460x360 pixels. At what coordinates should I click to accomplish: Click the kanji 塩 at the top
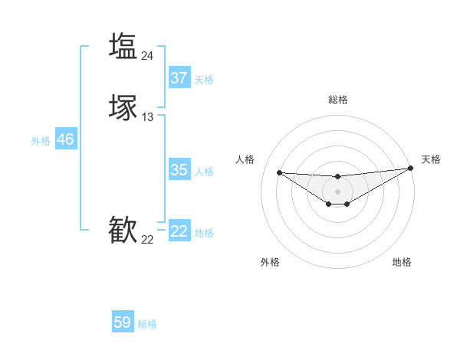coord(123,45)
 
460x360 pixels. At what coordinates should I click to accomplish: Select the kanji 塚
coord(123,108)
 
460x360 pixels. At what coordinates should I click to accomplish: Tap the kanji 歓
coord(123,231)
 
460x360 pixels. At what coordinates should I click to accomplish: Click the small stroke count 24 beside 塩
coord(148,55)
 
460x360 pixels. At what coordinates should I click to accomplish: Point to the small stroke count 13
coord(148,117)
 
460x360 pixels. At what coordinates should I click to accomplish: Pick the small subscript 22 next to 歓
coord(148,240)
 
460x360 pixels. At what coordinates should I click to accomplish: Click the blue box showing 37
coord(179,78)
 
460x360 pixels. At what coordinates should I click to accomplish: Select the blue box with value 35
coord(179,170)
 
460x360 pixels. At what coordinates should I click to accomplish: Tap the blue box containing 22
coord(179,231)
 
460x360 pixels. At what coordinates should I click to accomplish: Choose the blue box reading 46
coord(65,139)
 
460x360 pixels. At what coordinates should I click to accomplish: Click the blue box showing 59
coord(123,322)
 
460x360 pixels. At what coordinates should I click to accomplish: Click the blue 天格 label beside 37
coord(204,79)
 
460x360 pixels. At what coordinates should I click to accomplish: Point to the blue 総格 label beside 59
coord(147,324)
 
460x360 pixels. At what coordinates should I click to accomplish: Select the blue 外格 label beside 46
coord(41,141)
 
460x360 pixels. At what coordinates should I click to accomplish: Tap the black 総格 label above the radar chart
coord(338,100)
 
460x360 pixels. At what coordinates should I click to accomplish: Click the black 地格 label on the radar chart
coord(402,262)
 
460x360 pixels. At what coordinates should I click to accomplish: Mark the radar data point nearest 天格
coord(410,169)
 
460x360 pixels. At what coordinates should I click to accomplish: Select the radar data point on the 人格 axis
coord(279,172)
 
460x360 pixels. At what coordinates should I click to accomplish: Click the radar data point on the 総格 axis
coord(337,177)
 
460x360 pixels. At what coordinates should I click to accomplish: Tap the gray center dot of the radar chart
coord(337,191)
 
